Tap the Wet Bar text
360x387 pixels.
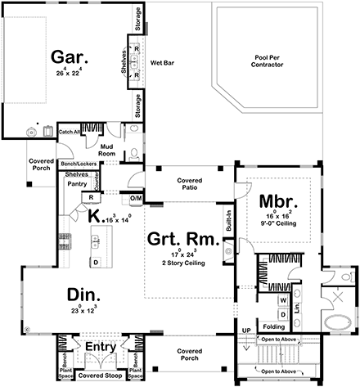click(x=159, y=61)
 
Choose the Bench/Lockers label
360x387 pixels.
click(x=78, y=164)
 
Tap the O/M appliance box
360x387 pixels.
click(x=136, y=199)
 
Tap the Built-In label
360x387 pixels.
click(x=228, y=219)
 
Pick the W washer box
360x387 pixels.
click(x=282, y=299)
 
